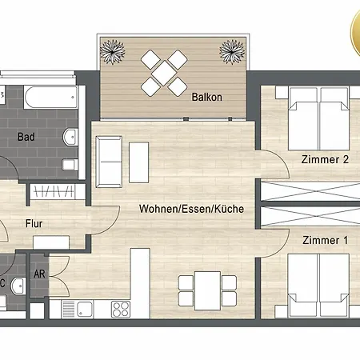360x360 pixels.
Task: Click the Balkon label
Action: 207,97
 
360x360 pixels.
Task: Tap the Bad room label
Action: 26,137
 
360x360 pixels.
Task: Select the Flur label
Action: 34,224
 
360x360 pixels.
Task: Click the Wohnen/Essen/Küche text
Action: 191,209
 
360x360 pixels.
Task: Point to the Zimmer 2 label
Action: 325,159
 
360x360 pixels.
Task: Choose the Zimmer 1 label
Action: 326,240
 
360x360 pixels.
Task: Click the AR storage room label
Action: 39,274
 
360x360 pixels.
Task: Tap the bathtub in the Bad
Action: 51,98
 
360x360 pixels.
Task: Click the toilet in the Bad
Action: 70,165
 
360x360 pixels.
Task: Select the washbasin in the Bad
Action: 70,137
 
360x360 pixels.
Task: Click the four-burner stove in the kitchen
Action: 121,310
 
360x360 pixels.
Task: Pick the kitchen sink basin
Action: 85,310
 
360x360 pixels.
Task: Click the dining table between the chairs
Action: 207,291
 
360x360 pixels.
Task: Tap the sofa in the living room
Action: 109,162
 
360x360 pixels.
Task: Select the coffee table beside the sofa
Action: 138,162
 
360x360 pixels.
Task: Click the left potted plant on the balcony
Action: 113,52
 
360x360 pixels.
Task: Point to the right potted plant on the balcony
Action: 232,52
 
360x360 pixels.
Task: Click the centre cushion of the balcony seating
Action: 164,73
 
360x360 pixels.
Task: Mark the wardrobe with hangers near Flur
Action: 52,191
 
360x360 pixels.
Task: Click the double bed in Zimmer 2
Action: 319,118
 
